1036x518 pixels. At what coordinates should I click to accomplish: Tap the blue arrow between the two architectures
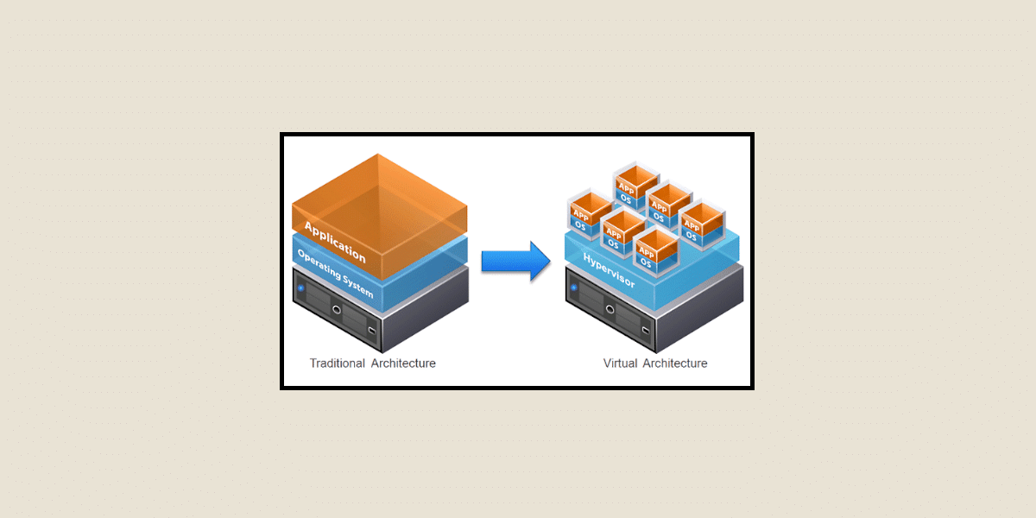[x=515, y=260]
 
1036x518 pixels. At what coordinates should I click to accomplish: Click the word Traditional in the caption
[x=338, y=363]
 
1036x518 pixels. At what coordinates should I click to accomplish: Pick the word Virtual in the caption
[x=619, y=363]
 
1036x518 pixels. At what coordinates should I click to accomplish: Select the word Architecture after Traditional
[x=403, y=363]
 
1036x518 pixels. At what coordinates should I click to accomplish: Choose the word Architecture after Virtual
[x=674, y=363]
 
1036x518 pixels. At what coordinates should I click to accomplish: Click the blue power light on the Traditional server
[x=300, y=286]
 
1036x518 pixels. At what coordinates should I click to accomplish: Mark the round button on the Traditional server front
[x=337, y=309]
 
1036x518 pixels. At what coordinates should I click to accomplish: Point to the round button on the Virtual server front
[x=610, y=307]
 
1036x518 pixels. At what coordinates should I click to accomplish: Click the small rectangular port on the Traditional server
[x=371, y=330]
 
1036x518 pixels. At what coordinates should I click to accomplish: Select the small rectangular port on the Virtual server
[x=644, y=328]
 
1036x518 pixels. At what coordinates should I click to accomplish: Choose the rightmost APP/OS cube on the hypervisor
[x=698, y=224]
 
